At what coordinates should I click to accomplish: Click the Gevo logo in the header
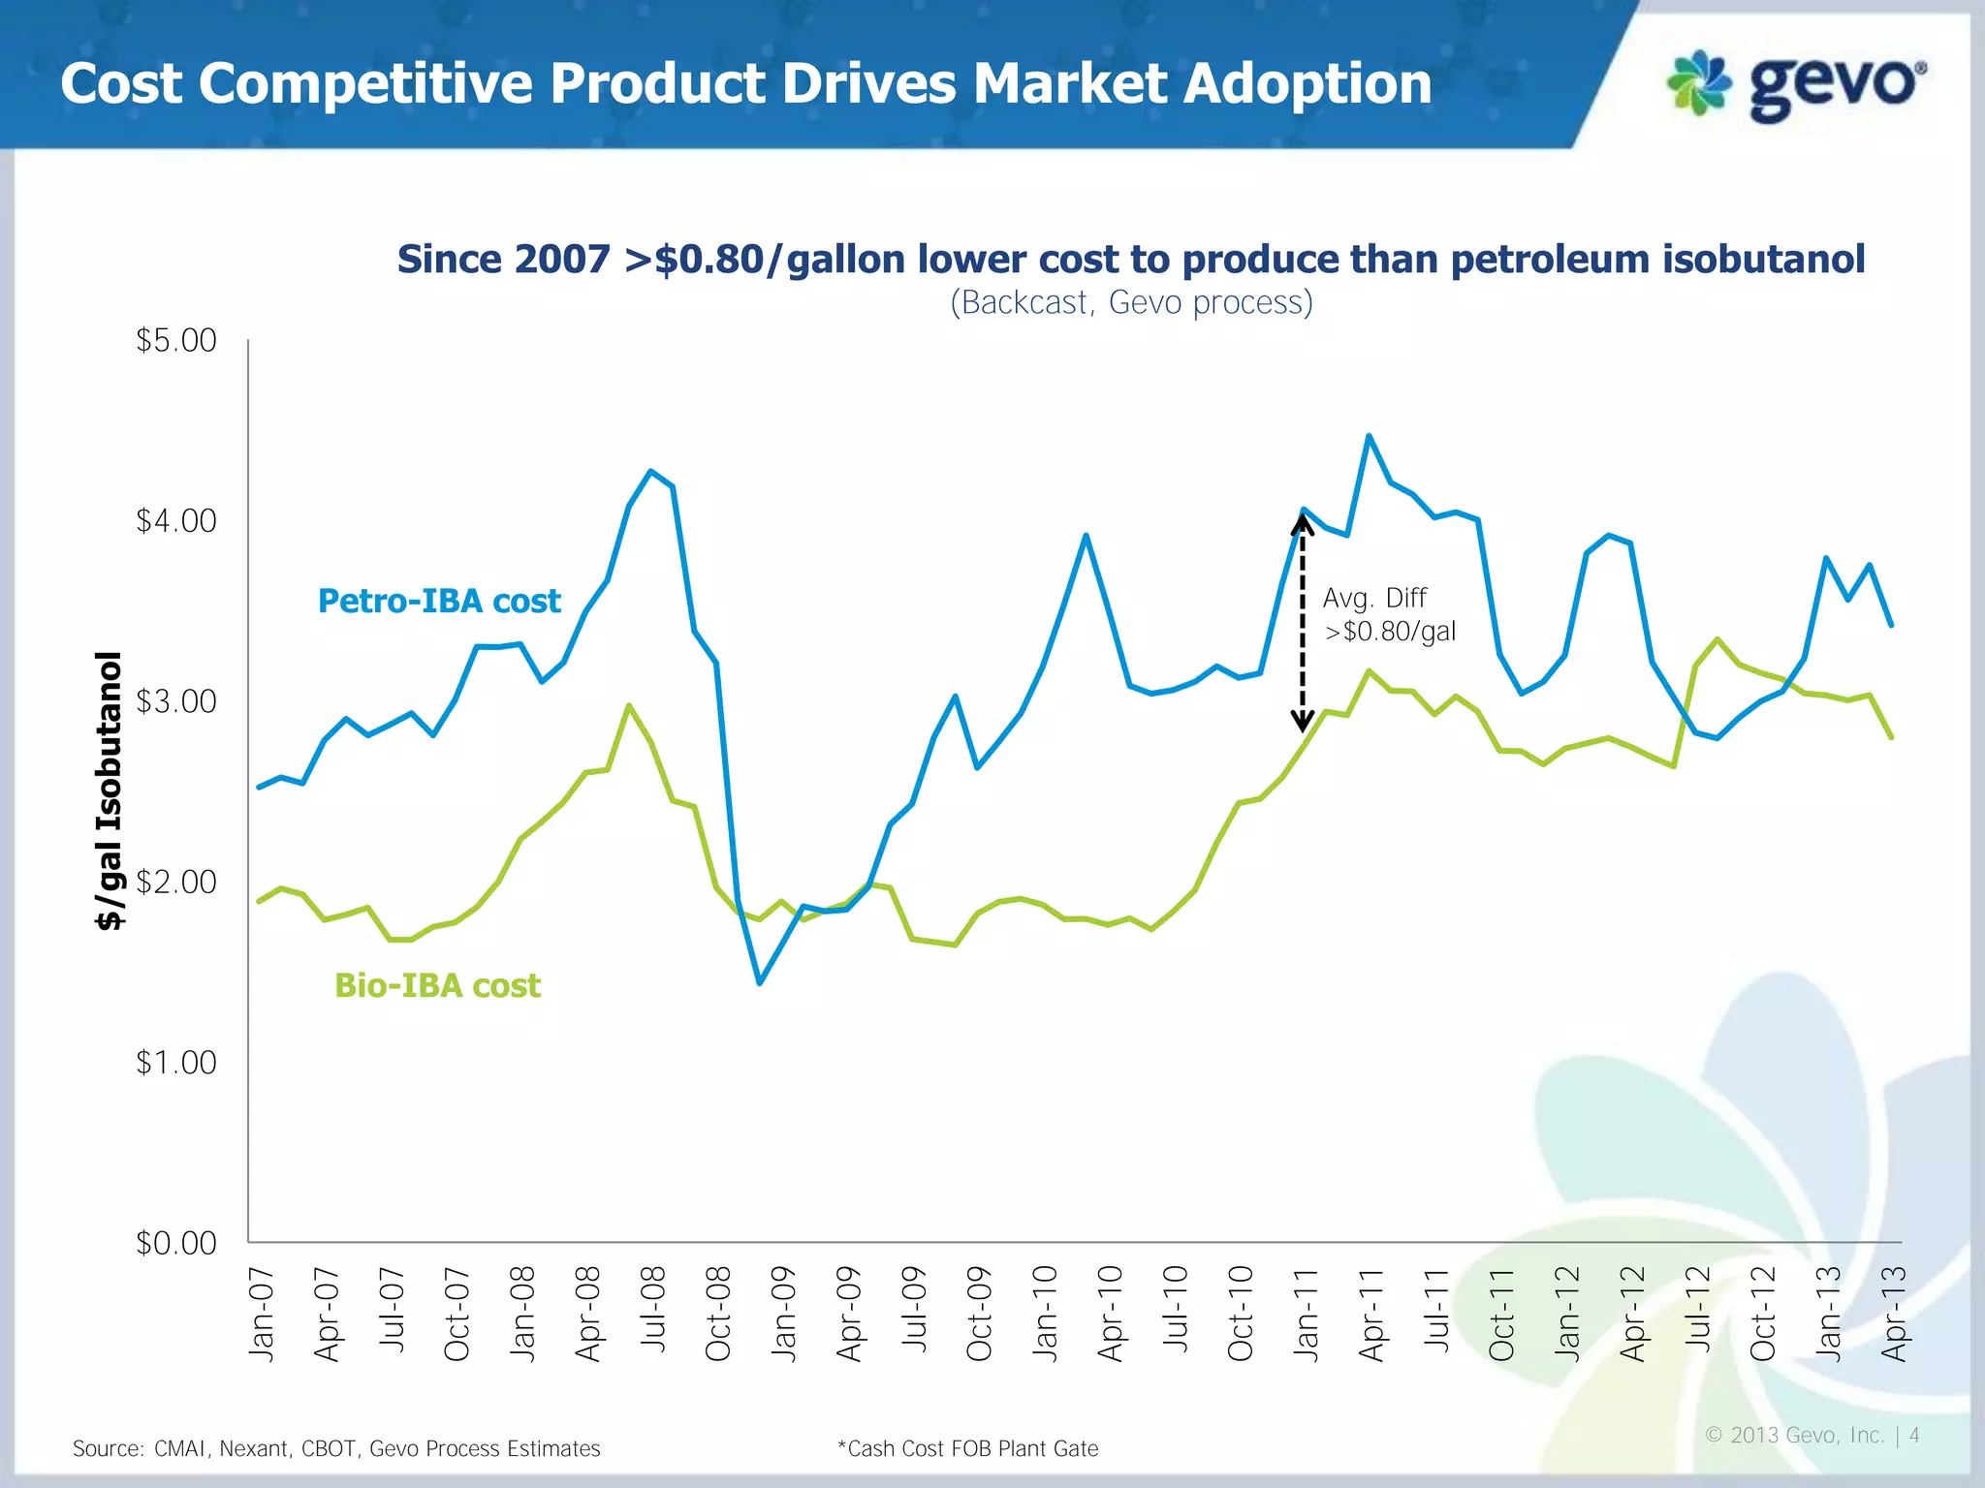coord(1796,85)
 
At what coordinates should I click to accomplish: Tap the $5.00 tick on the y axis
coord(176,340)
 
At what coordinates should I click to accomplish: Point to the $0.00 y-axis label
coord(176,1243)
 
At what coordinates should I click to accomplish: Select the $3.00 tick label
coord(176,701)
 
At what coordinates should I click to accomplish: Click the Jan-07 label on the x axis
coord(262,1314)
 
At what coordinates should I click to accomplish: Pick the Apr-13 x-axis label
coord(1894,1314)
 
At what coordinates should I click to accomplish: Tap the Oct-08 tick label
coord(718,1314)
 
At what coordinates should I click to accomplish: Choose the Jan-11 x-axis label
coord(1307,1314)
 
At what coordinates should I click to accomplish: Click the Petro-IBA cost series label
coord(439,601)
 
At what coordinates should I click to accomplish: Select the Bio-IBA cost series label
coord(437,985)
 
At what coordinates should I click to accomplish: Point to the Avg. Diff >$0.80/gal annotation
coord(1388,614)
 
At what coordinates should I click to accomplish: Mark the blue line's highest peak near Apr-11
coord(1369,437)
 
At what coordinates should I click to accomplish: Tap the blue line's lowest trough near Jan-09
coord(760,982)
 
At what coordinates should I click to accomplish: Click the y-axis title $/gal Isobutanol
coord(110,790)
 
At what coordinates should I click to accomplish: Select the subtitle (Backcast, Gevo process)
coord(1131,302)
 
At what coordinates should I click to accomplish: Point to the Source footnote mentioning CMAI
coord(336,1448)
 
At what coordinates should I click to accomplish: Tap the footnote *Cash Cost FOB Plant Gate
coord(967,1448)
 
